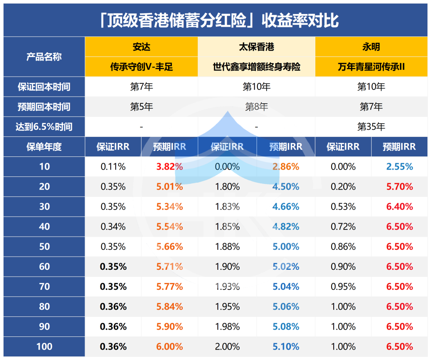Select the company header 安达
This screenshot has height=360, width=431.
coord(142,47)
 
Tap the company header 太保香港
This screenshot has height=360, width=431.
coord(256,47)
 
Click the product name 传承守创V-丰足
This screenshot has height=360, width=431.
coord(142,67)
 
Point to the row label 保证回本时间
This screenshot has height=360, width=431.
coord(44,87)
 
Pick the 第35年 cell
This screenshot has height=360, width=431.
coord(371,127)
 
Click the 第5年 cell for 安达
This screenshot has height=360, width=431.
coord(142,107)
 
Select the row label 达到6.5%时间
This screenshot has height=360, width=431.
coord(44,127)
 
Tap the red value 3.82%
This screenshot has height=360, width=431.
coord(170,167)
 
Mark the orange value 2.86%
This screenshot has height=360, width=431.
coord(286,167)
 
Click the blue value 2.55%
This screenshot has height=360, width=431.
coord(399,167)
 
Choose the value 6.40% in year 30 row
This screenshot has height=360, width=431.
coord(399,207)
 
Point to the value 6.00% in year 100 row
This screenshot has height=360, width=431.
coord(170,346)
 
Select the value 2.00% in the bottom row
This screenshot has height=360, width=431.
coord(227,346)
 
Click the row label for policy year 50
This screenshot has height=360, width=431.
coord(44,247)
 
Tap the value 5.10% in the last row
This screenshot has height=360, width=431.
coord(286,346)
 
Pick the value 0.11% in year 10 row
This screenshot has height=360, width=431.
coord(113,167)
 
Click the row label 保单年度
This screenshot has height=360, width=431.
coord(44,147)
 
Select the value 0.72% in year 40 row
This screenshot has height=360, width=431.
coord(343,227)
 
